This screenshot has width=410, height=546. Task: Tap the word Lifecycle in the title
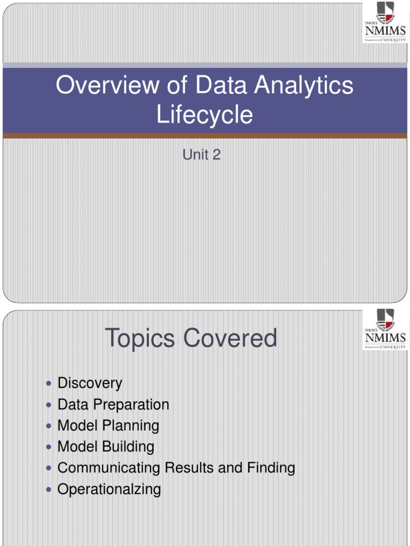tap(204, 115)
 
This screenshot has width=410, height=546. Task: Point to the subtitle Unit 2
tap(201, 155)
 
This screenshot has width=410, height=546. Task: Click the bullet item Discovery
tap(90, 383)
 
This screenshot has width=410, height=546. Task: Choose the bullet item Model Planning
tap(108, 425)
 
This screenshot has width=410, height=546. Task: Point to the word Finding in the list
tap(271, 468)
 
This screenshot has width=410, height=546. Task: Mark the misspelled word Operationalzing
tap(109, 489)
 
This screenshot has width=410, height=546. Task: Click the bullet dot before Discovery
tap(49, 383)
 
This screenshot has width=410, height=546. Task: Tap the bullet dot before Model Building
tap(49, 447)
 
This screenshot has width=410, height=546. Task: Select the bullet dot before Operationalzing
tap(49, 489)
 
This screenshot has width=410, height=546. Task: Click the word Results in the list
tap(190, 468)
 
